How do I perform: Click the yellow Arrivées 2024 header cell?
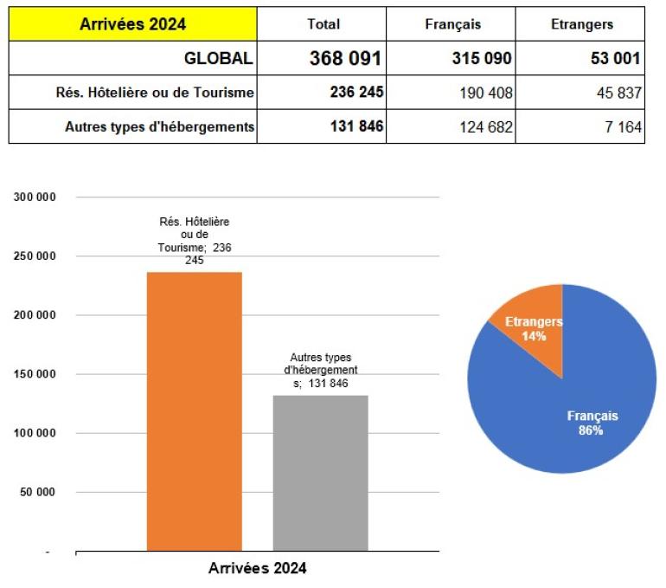pos(132,24)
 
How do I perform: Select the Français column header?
pos(452,24)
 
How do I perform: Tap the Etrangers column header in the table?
pos(582,24)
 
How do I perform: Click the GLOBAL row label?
pos(218,58)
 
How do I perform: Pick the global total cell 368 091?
pos(345,58)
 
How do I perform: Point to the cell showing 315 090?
pos(482,59)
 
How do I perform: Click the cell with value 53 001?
pos(612,59)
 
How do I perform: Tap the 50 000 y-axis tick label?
pos(37,492)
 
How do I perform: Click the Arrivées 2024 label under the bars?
pos(257,569)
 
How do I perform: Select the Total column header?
pos(323,24)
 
